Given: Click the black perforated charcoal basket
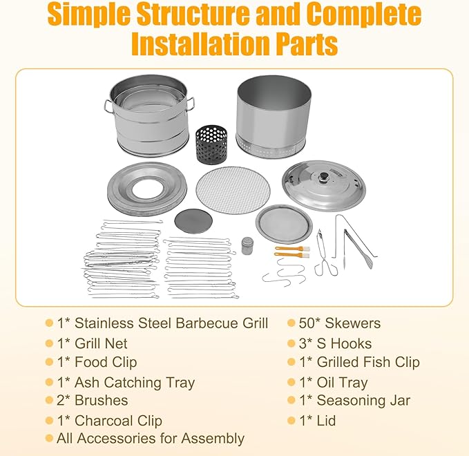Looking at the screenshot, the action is pos(211,140).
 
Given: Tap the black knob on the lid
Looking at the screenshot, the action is pos(323,176).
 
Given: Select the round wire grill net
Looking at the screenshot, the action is pos(233,190).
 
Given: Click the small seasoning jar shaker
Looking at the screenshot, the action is pos(247,246).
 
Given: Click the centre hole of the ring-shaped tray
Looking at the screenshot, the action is pos(148,189).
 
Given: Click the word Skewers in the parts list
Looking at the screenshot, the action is pos(353,323).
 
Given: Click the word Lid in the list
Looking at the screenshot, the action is pos(326,420).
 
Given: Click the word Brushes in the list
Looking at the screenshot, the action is pos(101,400).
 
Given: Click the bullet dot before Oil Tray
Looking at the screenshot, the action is pos(291,382).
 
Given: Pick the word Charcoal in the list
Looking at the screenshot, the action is pos(104,421).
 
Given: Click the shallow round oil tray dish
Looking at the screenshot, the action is pos(284,224).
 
